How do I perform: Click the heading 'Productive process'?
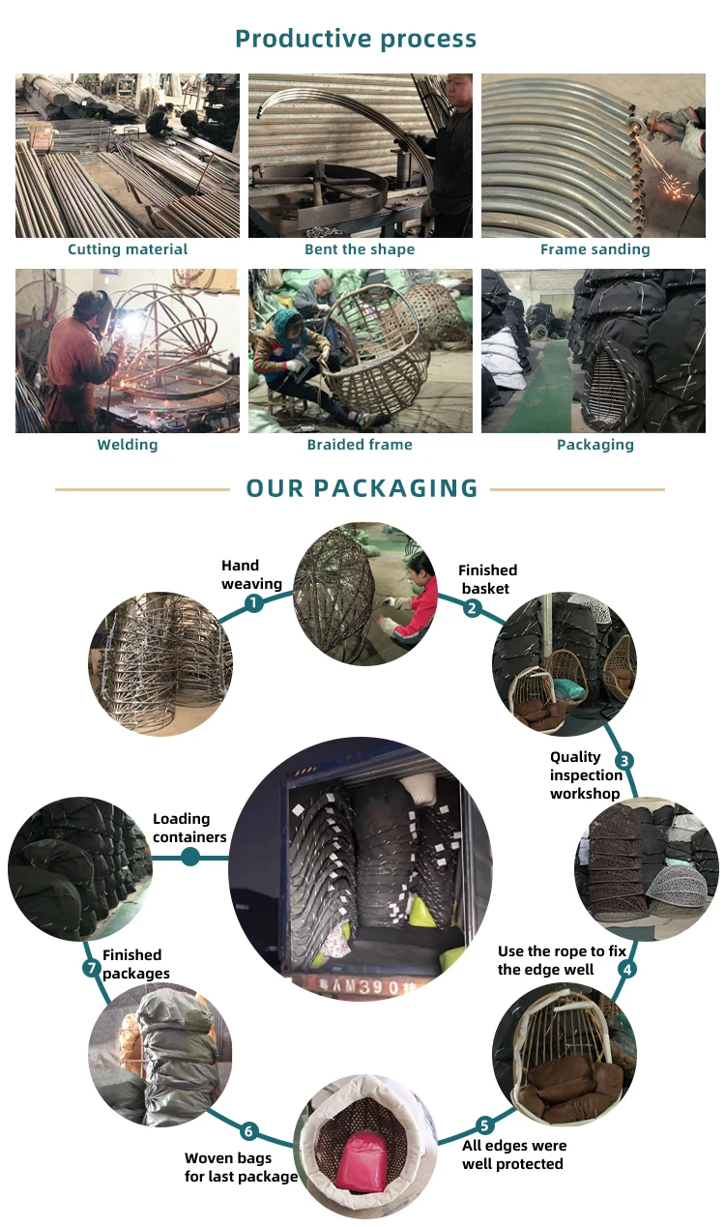pyautogui.click(x=356, y=39)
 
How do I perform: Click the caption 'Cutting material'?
pyautogui.click(x=128, y=249)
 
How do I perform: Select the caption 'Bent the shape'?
pyautogui.click(x=360, y=249)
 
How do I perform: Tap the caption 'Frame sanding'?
pyautogui.click(x=594, y=249)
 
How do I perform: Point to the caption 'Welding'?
pyautogui.click(x=127, y=445)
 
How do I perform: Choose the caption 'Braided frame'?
pyautogui.click(x=360, y=445)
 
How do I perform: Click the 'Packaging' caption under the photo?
pyautogui.click(x=594, y=445)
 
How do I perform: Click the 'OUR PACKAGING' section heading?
pyautogui.click(x=362, y=488)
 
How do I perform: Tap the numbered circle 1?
pyautogui.click(x=253, y=603)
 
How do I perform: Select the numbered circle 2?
pyautogui.click(x=472, y=607)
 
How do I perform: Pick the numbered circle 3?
pyautogui.click(x=624, y=761)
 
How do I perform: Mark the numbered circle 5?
pyautogui.click(x=484, y=1125)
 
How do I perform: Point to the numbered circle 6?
pyautogui.click(x=248, y=1131)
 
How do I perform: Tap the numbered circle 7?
pyautogui.click(x=92, y=967)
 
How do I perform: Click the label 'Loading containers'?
pyautogui.click(x=189, y=828)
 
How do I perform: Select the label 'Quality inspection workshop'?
pyautogui.click(x=586, y=775)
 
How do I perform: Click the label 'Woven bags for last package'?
pyautogui.click(x=241, y=1167)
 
